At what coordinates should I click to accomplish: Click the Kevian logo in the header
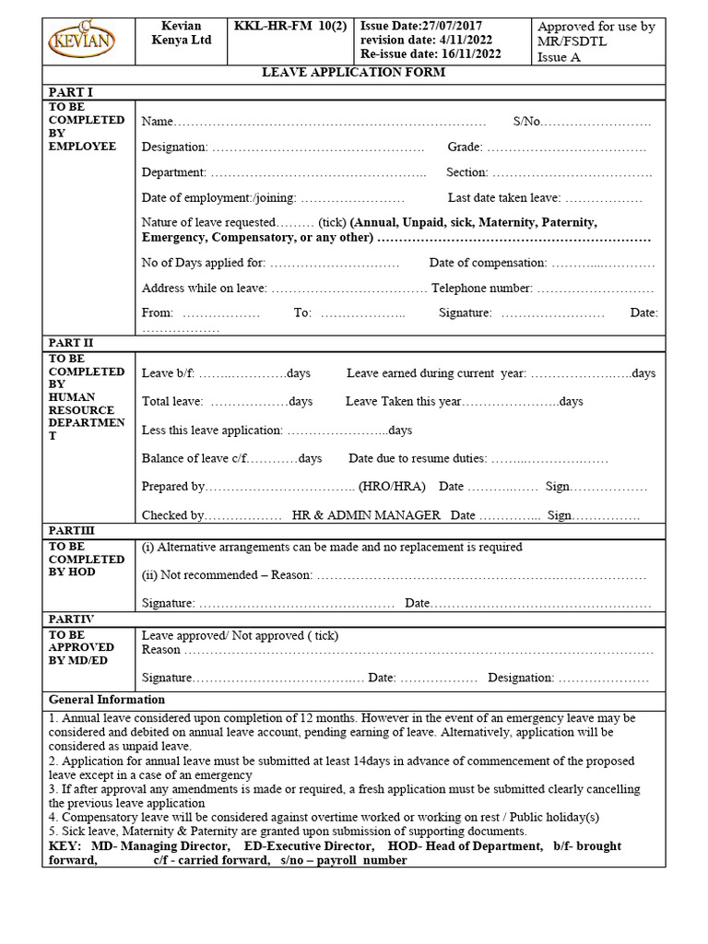(x=88, y=41)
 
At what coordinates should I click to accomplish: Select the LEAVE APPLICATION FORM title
(x=354, y=73)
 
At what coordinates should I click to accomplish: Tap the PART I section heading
(x=70, y=91)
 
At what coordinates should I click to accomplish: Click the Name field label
(x=157, y=122)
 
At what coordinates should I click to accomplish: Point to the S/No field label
(x=526, y=122)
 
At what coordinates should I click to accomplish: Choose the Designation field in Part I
(x=175, y=147)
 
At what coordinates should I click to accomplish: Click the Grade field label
(x=466, y=147)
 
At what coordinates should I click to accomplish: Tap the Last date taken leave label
(x=503, y=197)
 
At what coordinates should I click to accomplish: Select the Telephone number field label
(x=481, y=288)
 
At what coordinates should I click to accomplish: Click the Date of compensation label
(x=488, y=264)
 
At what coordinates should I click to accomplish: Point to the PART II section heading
(x=72, y=343)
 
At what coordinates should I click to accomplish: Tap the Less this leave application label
(x=212, y=431)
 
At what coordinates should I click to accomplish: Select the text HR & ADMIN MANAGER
(x=366, y=515)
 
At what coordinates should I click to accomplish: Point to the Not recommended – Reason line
(x=227, y=575)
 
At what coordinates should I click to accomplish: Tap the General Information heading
(x=106, y=700)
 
